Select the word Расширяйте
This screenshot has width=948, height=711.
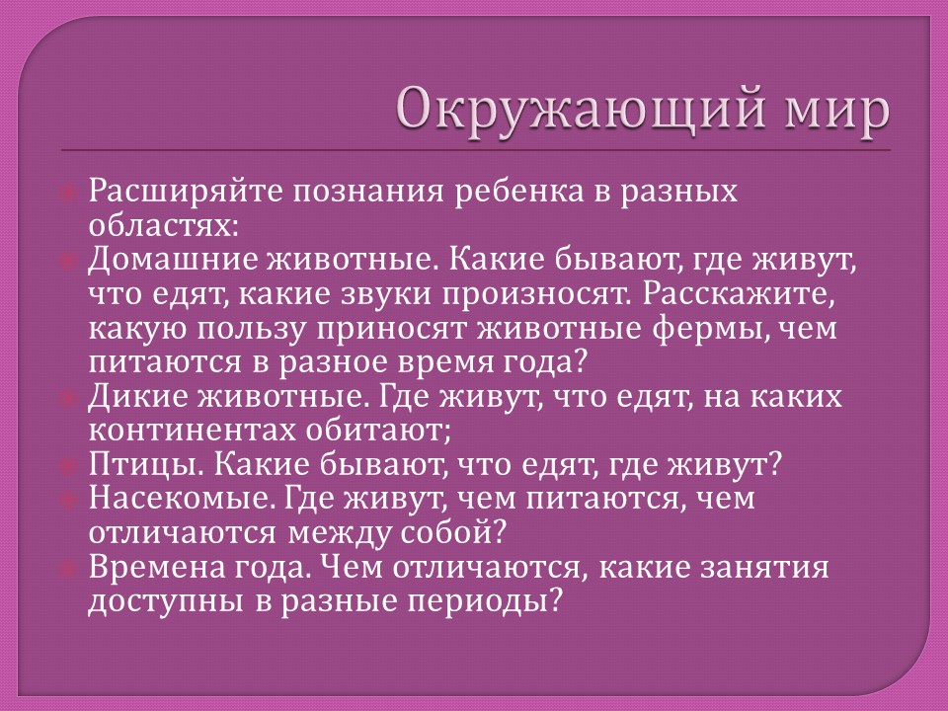pyautogui.click(x=186, y=193)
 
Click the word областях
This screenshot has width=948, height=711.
pyautogui.click(x=163, y=225)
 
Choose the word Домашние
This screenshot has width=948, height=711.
pyautogui.click(x=174, y=260)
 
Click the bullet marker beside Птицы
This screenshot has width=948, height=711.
pyautogui.click(x=68, y=466)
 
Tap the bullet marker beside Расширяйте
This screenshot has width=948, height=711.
pyautogui.click(x=68, y=193)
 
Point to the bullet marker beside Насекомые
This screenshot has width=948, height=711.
pyautogui.click(x=68, y=500)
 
